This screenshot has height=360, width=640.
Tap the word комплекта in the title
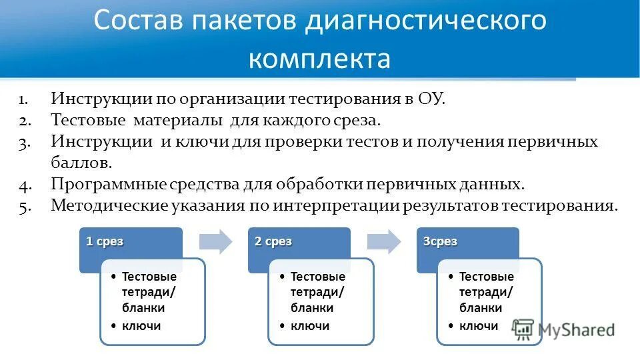319,59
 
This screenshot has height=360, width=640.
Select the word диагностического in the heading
426,21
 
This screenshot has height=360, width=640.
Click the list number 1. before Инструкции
23,101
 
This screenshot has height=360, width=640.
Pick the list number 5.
24,206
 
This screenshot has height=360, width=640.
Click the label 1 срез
105,242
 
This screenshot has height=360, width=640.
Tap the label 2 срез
273,242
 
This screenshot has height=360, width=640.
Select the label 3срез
440,242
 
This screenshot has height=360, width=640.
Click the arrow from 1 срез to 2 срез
217,241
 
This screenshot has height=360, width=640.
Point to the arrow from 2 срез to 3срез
385,241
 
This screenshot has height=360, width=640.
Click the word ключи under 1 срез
141,326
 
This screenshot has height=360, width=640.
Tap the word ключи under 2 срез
310,326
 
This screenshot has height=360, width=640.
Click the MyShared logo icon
524,329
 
